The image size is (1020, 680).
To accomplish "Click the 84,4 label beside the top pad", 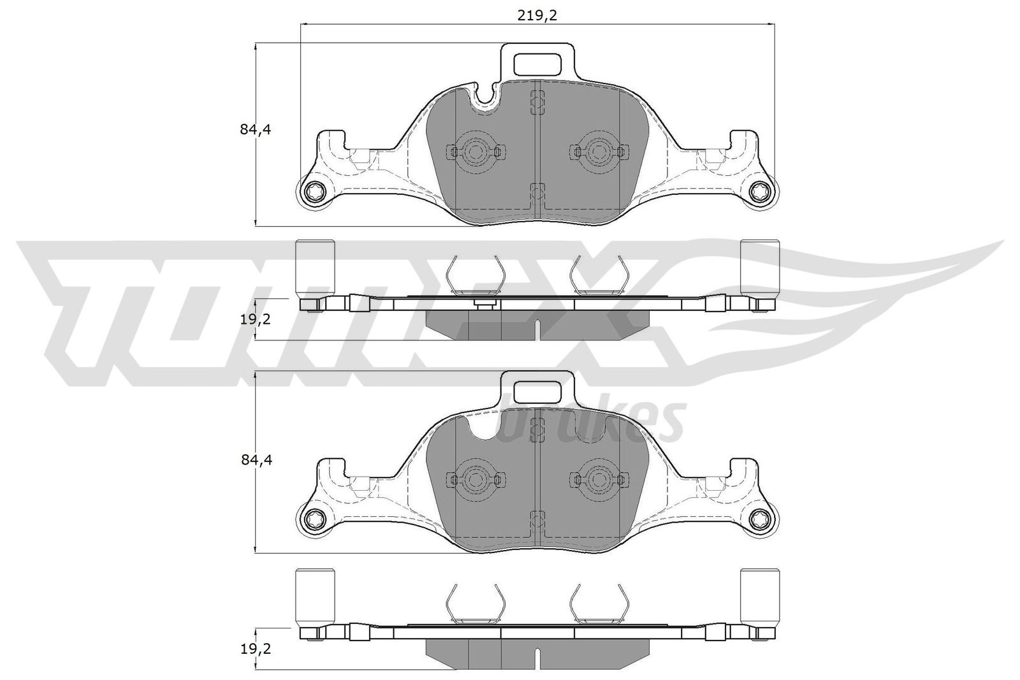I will (256, 129).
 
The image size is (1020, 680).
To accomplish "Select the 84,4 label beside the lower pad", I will (256, 460).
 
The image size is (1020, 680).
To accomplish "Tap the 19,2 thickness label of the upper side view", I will (256, 319).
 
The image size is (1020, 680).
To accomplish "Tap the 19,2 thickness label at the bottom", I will (256, 649).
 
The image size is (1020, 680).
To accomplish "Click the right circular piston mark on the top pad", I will (597, 151).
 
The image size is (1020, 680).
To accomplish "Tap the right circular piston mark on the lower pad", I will (597, 479).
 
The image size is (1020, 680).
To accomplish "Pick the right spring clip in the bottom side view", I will (598, 604).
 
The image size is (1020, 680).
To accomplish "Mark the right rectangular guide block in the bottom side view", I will (759, 596).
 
